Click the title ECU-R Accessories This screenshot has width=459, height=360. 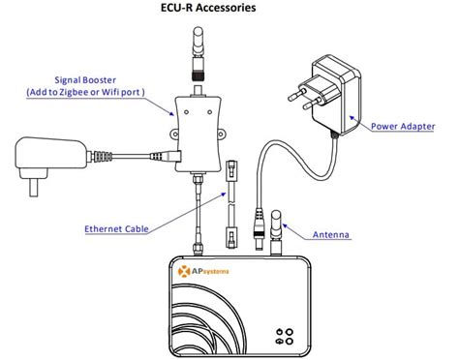pyautogui.click(x=228, y=9)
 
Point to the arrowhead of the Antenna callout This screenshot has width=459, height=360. pyautogui.click(x=288, y=233)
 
